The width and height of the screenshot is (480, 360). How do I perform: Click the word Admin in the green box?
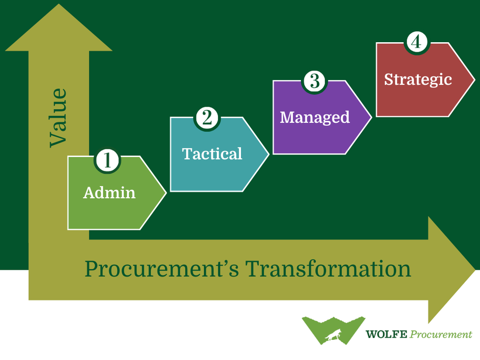pos(109,192)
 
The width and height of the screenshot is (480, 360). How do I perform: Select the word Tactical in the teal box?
pos(212,154)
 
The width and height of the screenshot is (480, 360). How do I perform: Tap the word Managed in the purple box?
pos(315,117)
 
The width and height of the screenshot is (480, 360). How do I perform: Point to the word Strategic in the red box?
pos(418,79)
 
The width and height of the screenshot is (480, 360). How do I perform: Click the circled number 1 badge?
pos(108,160)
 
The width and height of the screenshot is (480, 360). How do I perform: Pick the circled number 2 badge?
pos(207,118)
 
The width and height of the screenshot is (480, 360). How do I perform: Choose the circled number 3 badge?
pos(314,81)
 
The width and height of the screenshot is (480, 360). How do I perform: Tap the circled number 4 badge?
pos(416,42)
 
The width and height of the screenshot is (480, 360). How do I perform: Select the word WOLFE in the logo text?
pos(386,334)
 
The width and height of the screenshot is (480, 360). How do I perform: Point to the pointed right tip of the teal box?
pos(267,154)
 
